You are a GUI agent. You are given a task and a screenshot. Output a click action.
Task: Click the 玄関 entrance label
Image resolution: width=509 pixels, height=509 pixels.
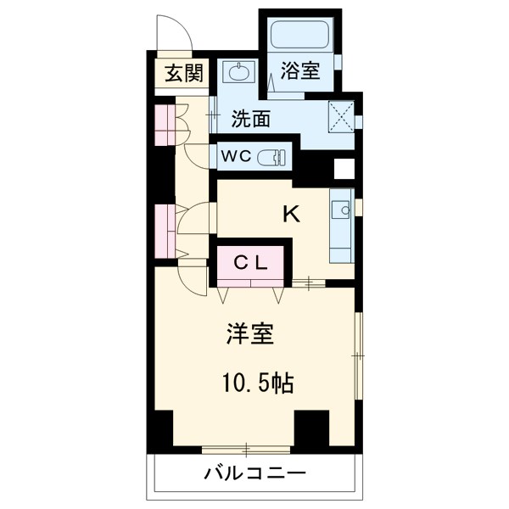point(184,74)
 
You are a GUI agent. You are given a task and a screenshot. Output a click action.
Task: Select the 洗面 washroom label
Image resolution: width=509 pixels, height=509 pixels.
point(251,120)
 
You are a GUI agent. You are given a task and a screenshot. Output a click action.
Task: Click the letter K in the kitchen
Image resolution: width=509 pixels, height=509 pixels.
point(291,215)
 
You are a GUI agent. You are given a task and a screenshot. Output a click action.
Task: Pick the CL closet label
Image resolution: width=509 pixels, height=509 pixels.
point(252,263)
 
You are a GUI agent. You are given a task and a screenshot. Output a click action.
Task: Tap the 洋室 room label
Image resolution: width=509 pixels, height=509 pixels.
point(249,334)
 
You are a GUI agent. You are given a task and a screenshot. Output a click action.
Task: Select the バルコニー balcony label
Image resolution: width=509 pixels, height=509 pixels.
point(254,473)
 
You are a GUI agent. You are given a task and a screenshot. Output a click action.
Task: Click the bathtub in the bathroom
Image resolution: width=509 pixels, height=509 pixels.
point(301,36)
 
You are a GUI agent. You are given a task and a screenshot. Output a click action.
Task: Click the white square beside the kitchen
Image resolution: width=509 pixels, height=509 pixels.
point(344,169)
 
